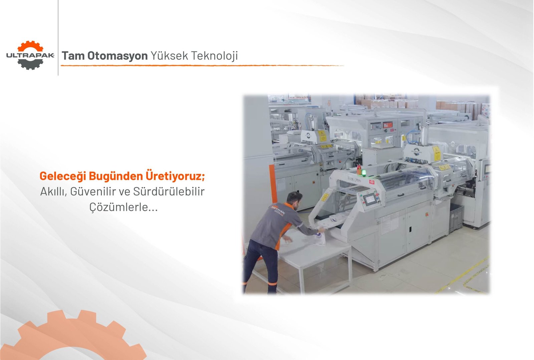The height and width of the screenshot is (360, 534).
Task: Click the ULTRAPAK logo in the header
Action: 30,55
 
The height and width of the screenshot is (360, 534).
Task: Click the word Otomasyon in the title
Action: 117,56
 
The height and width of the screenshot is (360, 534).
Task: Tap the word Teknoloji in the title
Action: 215,56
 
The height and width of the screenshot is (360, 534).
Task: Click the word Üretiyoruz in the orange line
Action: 176,176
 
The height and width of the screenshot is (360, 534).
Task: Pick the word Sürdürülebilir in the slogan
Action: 169,191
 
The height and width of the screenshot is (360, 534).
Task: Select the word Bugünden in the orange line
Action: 116,176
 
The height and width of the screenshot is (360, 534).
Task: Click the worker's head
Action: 295,200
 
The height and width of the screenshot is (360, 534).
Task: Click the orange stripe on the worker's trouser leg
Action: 272,284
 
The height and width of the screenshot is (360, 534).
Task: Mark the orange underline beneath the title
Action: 202,65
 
